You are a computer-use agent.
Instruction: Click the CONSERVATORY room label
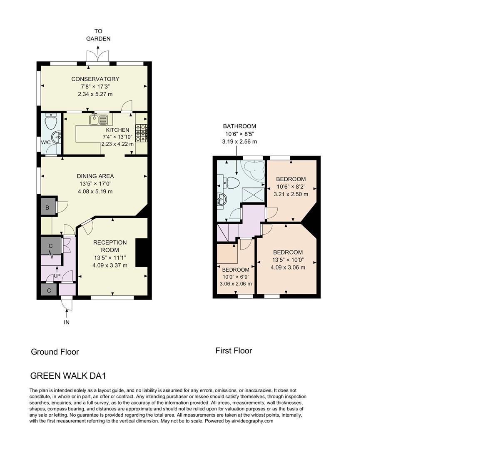point(95,79)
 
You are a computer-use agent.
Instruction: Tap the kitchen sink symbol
point(98,120)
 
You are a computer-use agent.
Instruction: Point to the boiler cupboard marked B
point(47,207)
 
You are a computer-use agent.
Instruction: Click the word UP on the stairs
point(57,275)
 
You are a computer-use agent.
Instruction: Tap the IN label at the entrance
point(67,322)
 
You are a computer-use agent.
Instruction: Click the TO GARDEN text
point(98,35)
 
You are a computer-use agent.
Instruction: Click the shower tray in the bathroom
point(253,194)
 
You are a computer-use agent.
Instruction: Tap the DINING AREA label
point(95,176)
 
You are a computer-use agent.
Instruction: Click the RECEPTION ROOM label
point(110,246)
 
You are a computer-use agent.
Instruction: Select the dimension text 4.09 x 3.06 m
point(288,267)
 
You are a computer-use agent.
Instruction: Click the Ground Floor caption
point(55,352)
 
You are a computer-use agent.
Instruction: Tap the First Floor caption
point(234,351)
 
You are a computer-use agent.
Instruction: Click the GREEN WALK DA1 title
point(68,375)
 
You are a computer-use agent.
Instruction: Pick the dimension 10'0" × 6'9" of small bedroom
point(235,277)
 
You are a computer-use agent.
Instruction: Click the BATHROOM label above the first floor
point(239,126)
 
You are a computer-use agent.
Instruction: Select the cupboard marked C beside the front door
point(49,290)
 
